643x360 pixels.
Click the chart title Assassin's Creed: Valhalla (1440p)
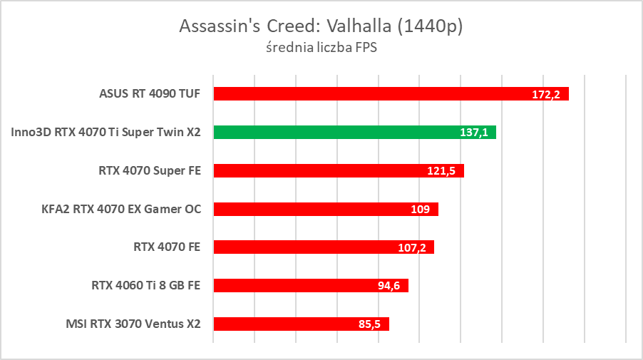click(x=321, y=26)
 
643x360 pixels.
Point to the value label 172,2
click(x=546, y=94)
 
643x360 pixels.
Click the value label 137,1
click(x=474, y=133)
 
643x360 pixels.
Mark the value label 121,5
click(x=442, y=171)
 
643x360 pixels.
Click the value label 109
click(x=421, y=210)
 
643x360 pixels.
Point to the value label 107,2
click(x=412, y=248)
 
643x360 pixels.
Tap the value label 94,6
click(x=389, y=287)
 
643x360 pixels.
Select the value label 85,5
click(x=370, y=325)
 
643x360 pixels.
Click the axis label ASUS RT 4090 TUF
click(x=150, y=93)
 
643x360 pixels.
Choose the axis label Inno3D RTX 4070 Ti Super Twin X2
click(x=106, y=132)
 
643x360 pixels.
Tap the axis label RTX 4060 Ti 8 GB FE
click(x=145, y=286)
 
